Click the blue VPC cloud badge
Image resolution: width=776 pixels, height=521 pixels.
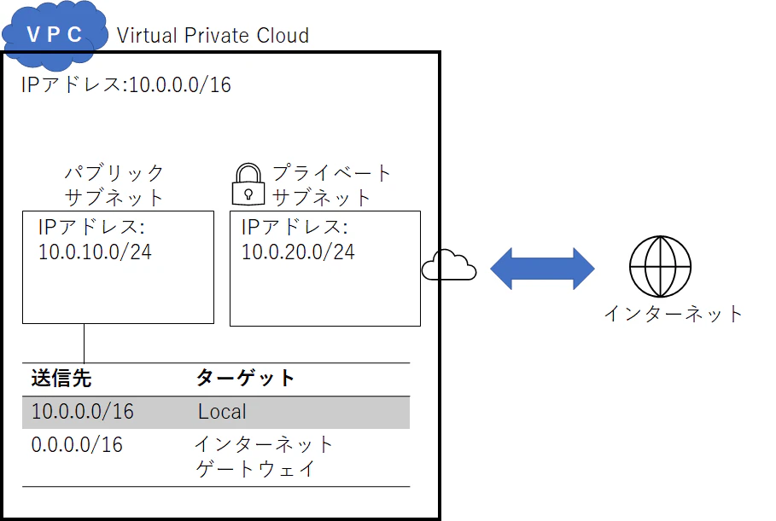click(x=55, y=35)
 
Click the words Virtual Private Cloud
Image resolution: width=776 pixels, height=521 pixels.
click(x=213, y=36)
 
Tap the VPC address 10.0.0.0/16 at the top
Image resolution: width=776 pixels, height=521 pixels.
click(x=180, y=85)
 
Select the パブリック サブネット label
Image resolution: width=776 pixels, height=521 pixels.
click(x=114, y=185)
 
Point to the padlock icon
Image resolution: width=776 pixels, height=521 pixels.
click(x=248, y=184)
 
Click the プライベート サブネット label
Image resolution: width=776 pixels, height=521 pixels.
click(x=331, y=185)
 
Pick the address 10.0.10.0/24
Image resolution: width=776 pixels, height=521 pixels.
click(x=95, y=252)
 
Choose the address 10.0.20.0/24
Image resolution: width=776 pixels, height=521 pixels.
click(x=299, y=252)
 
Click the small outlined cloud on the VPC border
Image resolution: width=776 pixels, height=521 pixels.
click(x=449, y=265)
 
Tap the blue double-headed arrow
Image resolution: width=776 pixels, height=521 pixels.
click(x=542, y=269)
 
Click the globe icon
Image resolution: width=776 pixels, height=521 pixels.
click(x=660, y=266)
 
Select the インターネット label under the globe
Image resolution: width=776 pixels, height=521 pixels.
click(x=673, y=314)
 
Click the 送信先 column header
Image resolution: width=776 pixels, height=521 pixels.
click(x=61, y=378)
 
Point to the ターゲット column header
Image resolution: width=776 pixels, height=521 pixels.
click(x=246, y=378)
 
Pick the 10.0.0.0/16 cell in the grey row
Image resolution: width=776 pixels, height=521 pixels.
click(x=83, y=411)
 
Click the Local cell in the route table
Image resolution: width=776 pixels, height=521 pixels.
click(x=222, y=411)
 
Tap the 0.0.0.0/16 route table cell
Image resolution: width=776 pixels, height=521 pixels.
click(x=77, y=445)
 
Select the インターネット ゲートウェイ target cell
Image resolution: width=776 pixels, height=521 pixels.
click(x=264, y=456)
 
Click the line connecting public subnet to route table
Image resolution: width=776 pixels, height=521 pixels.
click(x=85, y=344)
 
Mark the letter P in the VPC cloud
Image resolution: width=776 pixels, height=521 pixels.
click(x=54, y=35)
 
